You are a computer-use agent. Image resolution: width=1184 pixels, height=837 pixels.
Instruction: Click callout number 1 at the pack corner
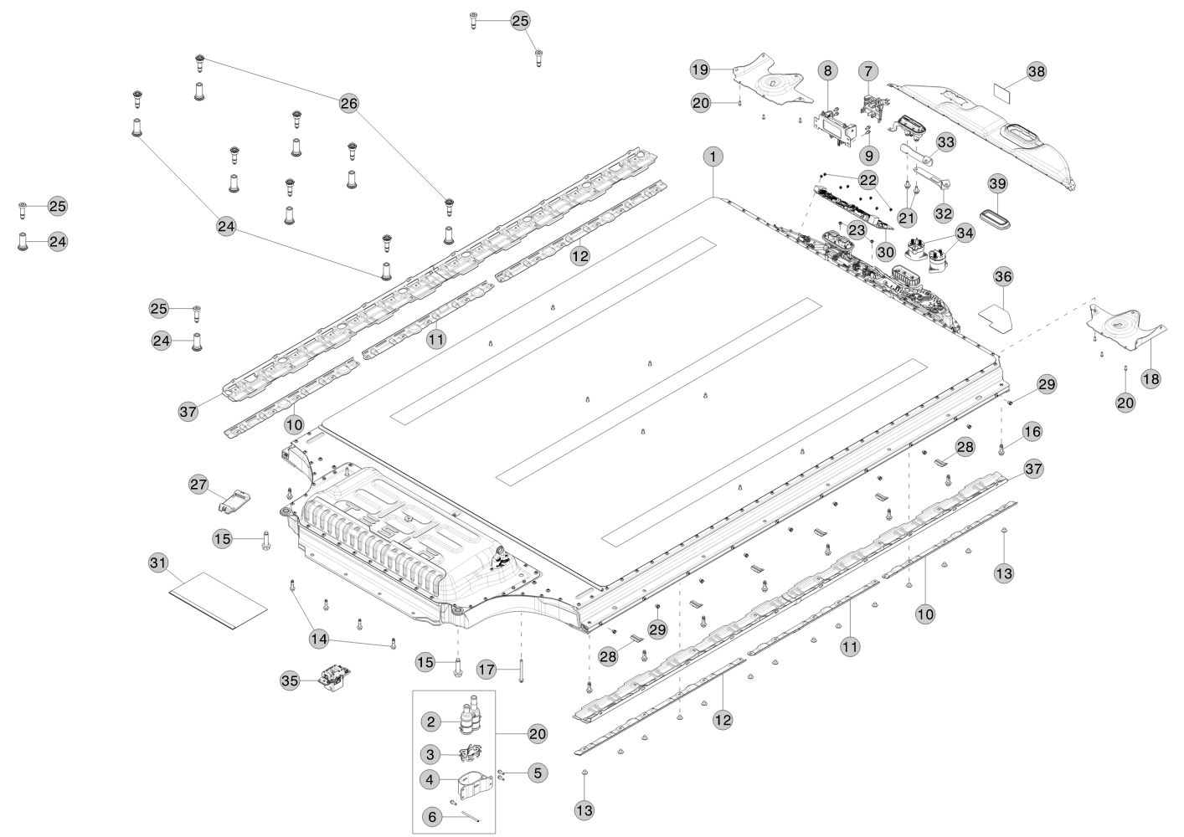(713, 157)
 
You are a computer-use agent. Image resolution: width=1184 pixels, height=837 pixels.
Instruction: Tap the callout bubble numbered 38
(1037, 72)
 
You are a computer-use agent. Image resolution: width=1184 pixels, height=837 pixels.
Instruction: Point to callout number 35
(289, 681)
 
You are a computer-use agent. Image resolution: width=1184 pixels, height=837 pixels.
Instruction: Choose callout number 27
(198, 485)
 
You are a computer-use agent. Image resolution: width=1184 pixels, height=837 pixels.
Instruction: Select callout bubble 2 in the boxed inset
(430, 721)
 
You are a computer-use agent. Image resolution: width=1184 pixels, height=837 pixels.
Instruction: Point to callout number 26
(349, 103)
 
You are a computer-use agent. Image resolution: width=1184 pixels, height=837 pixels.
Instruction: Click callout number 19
(700, 69)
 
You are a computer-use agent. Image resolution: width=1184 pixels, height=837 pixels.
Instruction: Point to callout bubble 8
(827, 72)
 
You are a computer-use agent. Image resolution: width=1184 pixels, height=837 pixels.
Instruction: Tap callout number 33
(945, 142)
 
